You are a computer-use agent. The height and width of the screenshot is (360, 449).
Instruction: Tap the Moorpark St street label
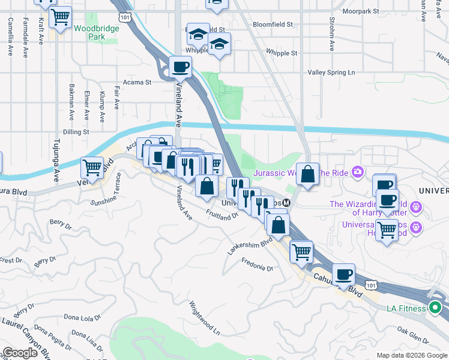click(360, 11)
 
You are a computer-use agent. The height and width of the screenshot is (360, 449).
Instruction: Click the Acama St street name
click(137, 82)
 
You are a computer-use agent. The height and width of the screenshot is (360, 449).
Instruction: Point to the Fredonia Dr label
click(257, 264)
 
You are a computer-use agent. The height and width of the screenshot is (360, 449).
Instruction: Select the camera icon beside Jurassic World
click(358, 173)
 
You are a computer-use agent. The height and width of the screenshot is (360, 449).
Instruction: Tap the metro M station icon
click(287, 203)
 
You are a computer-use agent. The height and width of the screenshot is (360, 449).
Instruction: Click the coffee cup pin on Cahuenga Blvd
click(343, 274)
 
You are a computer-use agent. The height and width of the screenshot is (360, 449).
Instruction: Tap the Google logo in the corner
click(20, 353)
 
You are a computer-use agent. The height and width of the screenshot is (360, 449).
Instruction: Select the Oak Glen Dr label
click(412, 334)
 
